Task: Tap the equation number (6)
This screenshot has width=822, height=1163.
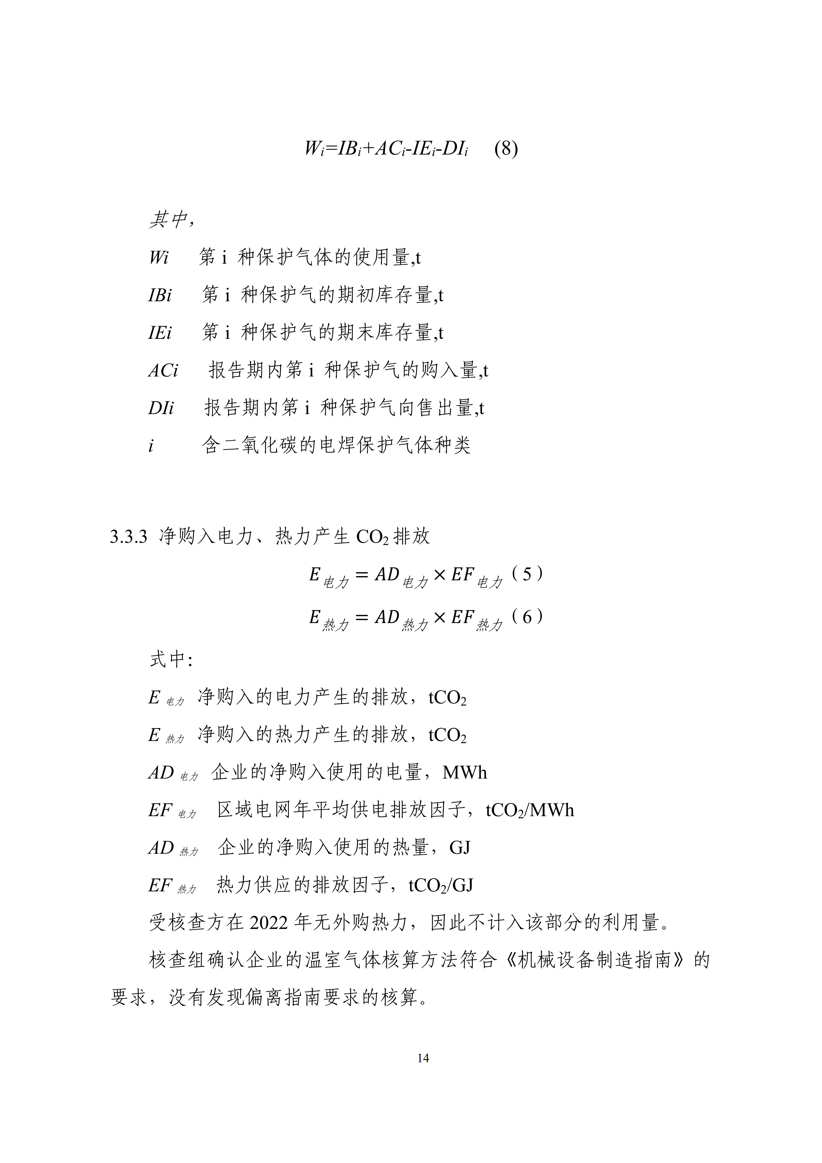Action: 527,617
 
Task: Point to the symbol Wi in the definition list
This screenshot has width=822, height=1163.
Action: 158,258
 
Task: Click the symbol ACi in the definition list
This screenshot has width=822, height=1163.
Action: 163,371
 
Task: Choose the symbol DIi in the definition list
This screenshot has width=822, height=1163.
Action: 161,408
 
